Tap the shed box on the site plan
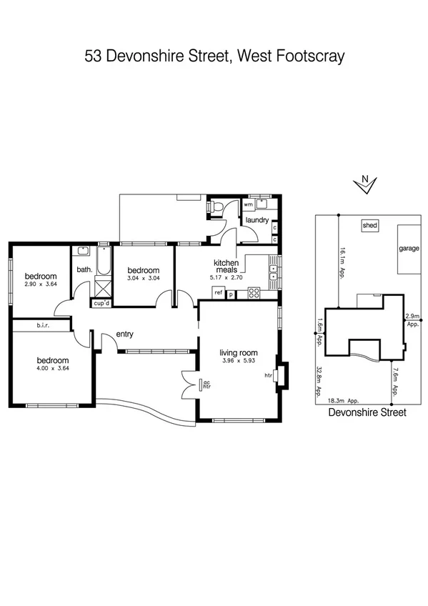369,225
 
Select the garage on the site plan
409,249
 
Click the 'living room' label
238,354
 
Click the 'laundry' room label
257,220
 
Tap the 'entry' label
125,334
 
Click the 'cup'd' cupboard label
101,303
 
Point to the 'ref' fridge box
218,292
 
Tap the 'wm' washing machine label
248,204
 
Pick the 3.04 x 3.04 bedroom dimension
143,279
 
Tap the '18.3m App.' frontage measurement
342,401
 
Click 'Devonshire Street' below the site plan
367,413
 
